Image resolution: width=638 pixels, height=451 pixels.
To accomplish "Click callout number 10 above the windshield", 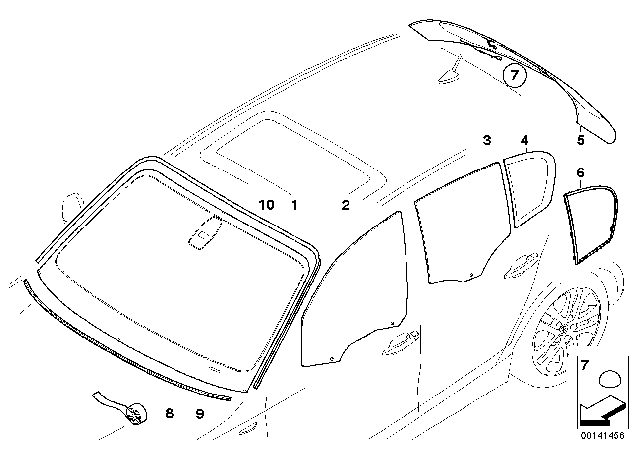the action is pos(267,205).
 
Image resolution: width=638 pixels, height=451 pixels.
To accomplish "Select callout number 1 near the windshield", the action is pos(294,205).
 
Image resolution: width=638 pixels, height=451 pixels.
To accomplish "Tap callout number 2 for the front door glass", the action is pos(346,205).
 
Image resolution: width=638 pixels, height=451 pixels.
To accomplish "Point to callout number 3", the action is pos(487,140).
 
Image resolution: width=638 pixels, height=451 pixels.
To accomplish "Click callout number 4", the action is pos(524,140).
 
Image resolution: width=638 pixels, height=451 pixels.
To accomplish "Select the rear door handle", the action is pos(521,266).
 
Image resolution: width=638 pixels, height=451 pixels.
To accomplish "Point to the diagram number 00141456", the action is pos(603,436).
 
